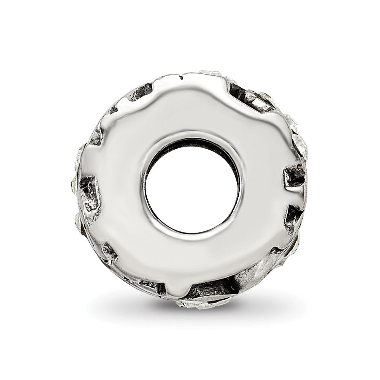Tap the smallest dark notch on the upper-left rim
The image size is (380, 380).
click(113, 110)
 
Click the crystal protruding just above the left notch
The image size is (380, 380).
click(82, 152)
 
